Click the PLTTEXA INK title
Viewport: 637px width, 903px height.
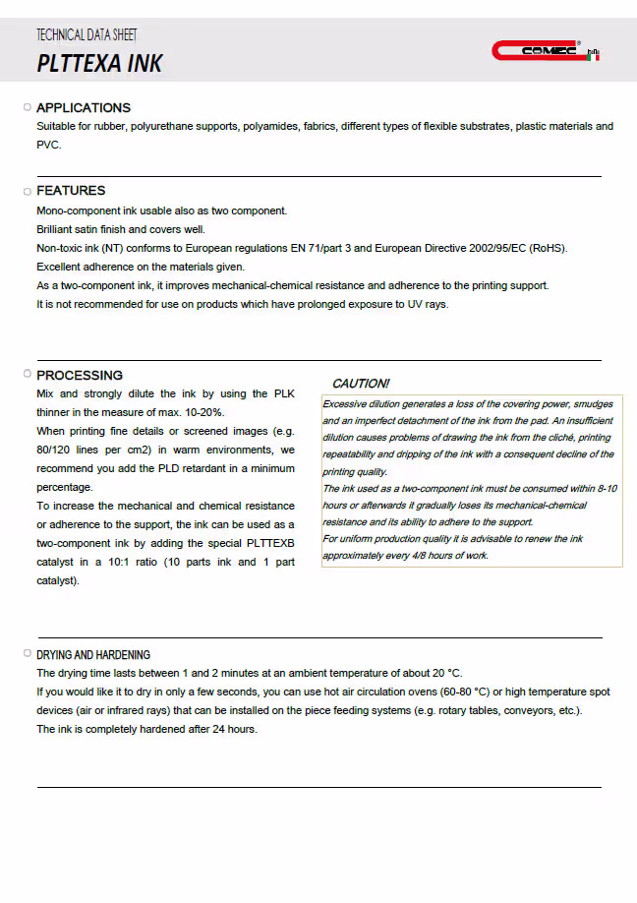pyautogui.click(x=99, y=64)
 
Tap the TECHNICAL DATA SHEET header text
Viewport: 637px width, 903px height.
pyautogui.click(x=87, y=35)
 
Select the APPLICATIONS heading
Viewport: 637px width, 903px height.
pyautogui.click(x=84, y=108)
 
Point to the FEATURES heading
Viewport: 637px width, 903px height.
pyautogui.click(x=71, y=191)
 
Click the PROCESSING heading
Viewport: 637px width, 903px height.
pyautogui.click(x=80, y=375)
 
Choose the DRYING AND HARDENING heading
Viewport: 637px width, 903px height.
pyautogui.click(x=93, y=655)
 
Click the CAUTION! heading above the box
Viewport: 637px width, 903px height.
pyautogui.click(x=361, y=384)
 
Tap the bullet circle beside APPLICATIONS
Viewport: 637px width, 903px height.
pyautogui.click(x=27, y=107)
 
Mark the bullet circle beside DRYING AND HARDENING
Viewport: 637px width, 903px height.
pyautogui.click(x=27, y=654)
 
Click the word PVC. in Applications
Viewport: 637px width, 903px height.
pyautogui.click(x=49, y=145)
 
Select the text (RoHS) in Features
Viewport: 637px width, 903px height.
pyautogui.click(x=548, y=248)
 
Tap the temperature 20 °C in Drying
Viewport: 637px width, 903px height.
pyautogui.click(x=441, y=673)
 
